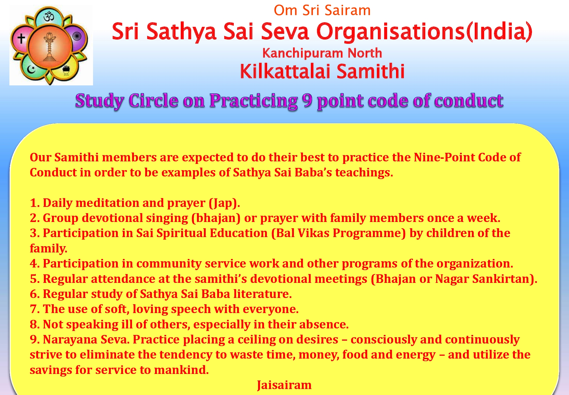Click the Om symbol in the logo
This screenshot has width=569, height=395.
point(49,17)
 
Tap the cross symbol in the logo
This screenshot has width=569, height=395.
point(21,38)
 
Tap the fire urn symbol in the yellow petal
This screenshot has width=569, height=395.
point(66,70)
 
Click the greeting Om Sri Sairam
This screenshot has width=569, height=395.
point(322,11)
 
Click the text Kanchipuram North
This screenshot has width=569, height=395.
point(322,53)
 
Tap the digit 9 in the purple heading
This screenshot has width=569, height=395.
point(307,100)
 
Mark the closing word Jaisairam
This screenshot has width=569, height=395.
point(284,385)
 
